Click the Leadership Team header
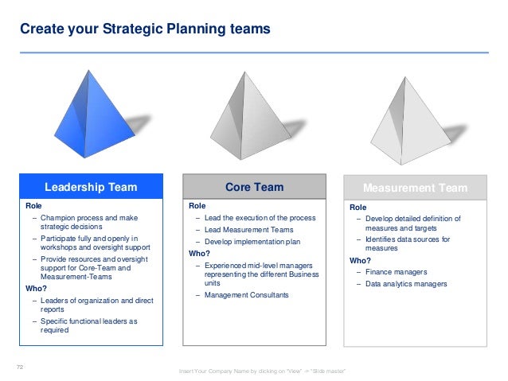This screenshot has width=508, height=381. coord(90,188)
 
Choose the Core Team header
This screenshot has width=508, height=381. coord(253,188)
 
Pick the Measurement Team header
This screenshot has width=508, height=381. coord(415,189)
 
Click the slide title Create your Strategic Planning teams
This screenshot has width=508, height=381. coord(145,29)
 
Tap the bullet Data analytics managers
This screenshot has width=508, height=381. coord(406,284)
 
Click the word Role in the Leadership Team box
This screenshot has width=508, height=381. coord(34,206)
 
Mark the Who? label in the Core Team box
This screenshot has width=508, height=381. coord(199,253)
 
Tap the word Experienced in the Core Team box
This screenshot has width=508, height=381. coord(228,264)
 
